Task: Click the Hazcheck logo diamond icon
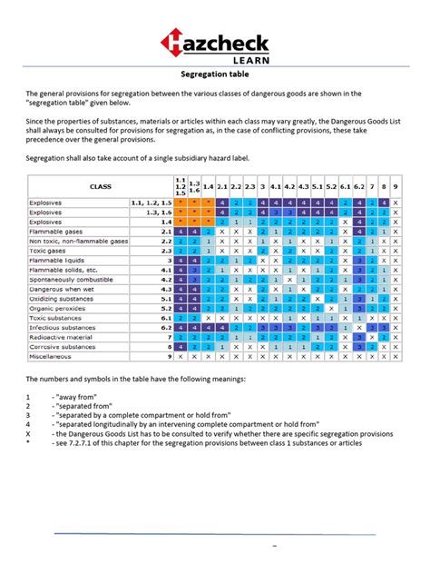click(175, 43)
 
